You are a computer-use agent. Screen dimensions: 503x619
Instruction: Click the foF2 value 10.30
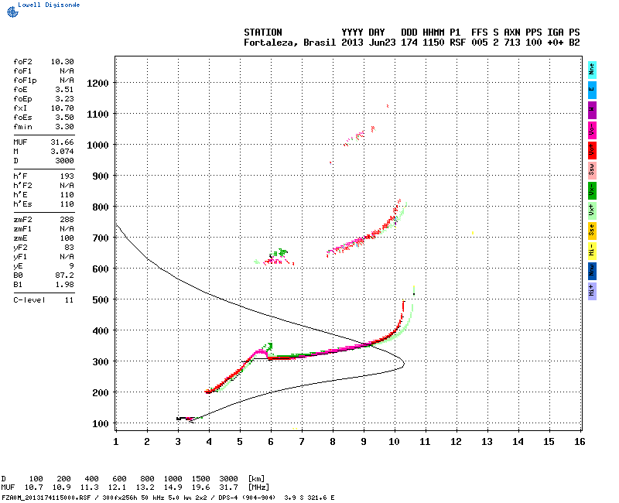tap(62, 60)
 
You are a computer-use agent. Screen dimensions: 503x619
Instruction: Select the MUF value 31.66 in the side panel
tap(62, 142)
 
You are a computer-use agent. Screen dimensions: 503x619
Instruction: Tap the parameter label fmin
tap(22, 126)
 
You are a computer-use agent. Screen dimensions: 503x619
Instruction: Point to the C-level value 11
tap(69, 299)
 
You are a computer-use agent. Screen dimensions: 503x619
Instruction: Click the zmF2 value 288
tap(67, 220)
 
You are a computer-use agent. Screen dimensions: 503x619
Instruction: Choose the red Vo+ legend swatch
tap(592, 149)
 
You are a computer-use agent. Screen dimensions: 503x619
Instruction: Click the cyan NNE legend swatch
tap(592, 69)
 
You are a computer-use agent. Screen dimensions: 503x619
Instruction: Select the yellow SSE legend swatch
tap(592, 230)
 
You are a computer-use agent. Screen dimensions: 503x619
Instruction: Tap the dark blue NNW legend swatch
tap(592, 270)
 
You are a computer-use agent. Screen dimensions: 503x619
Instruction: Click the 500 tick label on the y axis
tap(100, 299)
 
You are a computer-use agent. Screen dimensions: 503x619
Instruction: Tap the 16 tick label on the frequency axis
tap(580, 441)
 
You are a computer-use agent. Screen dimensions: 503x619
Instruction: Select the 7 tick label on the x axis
tap(302, 441)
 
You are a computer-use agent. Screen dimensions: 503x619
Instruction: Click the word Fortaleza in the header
tap(268, 43)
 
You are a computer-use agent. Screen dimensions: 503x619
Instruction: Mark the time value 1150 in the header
tap(433, 43)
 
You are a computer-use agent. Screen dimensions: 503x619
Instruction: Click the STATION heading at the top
tap(263, 33)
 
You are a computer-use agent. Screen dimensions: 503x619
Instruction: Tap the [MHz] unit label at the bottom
tap(258, 488)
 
